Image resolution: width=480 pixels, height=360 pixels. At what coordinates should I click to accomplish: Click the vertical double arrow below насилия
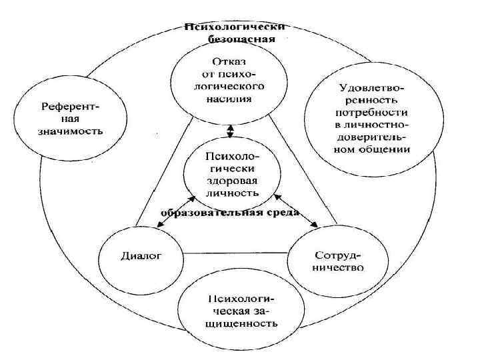[x=230, y=130]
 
